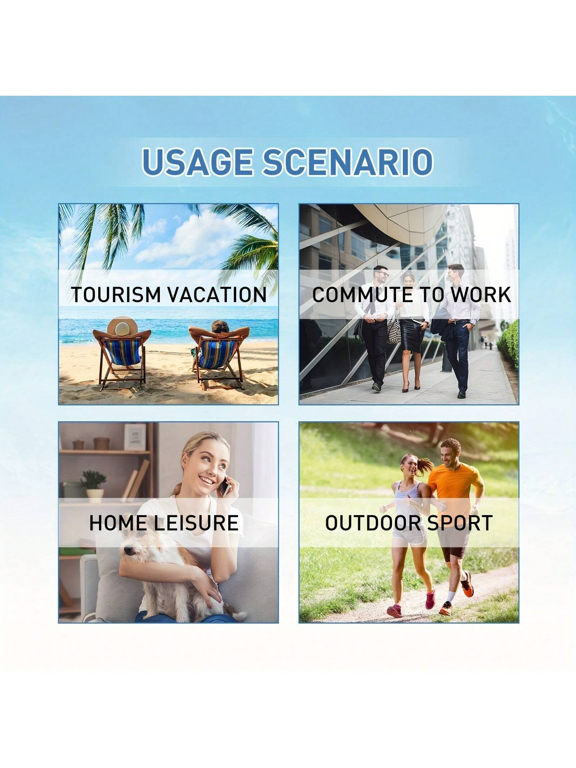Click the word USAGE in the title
point(198,161)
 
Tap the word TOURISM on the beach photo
point(115,295)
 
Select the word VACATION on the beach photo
point(217,295)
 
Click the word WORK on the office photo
point(481,295)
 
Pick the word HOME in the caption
point(118,523)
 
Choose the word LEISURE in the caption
point(197,523)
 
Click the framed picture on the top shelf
point(135,437)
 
